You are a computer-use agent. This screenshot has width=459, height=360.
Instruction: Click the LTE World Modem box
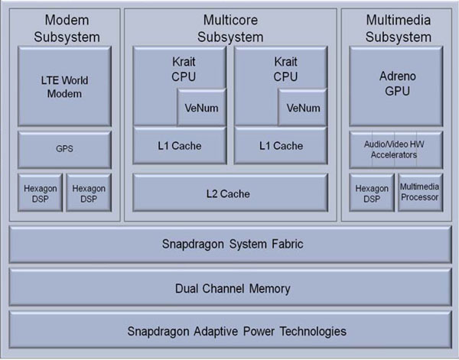64,86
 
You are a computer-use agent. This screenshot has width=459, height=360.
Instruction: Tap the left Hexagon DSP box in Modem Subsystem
39,193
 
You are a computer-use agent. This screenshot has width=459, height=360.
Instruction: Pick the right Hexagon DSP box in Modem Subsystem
89,193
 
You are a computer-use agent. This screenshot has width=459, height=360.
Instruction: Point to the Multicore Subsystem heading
229,28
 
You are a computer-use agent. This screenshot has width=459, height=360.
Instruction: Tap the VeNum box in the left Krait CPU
201,108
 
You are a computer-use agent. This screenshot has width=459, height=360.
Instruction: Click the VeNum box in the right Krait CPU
302,108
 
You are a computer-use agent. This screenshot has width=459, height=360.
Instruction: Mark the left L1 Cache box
180,146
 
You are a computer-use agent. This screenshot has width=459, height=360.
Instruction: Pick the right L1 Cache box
281,146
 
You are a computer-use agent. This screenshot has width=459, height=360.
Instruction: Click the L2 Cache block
230,193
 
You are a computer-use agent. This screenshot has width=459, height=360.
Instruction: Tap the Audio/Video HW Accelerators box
396,150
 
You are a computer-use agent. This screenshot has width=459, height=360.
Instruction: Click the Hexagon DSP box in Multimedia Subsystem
371,193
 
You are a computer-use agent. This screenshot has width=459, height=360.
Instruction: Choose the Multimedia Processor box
420,193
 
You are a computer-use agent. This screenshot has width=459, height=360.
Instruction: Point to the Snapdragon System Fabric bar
229,245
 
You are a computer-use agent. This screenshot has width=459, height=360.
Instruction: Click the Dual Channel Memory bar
229,288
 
